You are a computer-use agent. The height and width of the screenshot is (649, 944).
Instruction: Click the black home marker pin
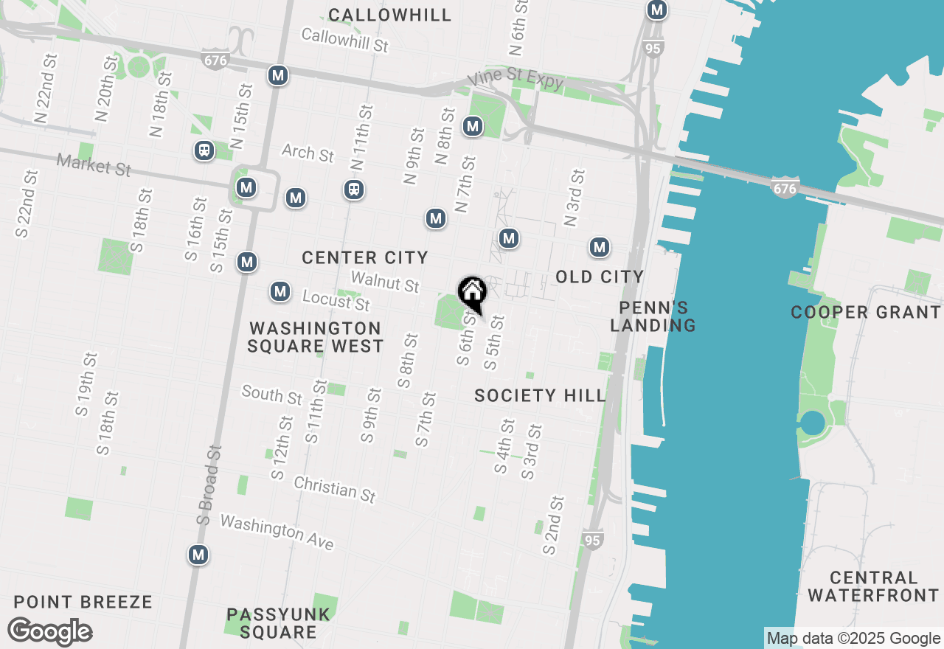[x=472, y=293]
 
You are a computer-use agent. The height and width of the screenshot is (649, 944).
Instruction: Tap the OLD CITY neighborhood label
[x=600, y=277]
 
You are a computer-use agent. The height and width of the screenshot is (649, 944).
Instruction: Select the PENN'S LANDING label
[x=653, y=316]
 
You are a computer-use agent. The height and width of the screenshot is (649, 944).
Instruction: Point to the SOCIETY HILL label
[x=540, y=396]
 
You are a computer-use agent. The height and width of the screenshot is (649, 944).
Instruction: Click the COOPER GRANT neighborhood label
[x=866, y=313]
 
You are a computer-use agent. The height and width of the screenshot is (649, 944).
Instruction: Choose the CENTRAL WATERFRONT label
[x=873, y=586]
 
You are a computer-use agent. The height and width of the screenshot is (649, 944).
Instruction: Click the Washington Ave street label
[x=277, y=532]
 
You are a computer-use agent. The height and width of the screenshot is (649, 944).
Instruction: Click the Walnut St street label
[x=385, y=281]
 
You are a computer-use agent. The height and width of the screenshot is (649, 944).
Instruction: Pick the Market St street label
[x=94, y=164]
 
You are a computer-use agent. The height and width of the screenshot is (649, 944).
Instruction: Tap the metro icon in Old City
[x=600, y=247]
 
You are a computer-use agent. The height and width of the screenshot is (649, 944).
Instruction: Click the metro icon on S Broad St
[x=198, y=555]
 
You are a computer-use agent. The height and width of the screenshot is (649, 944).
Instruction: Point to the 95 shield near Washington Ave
[x=592, y=540]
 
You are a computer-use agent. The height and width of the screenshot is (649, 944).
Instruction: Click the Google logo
[x=50, y=632]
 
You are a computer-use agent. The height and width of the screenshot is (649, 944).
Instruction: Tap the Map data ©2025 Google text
[x=853, y=639]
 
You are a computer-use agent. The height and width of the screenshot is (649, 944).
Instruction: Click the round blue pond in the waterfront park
[x=812, y=423]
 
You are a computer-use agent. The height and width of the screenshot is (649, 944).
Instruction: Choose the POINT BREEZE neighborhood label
[x=83, y=603]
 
